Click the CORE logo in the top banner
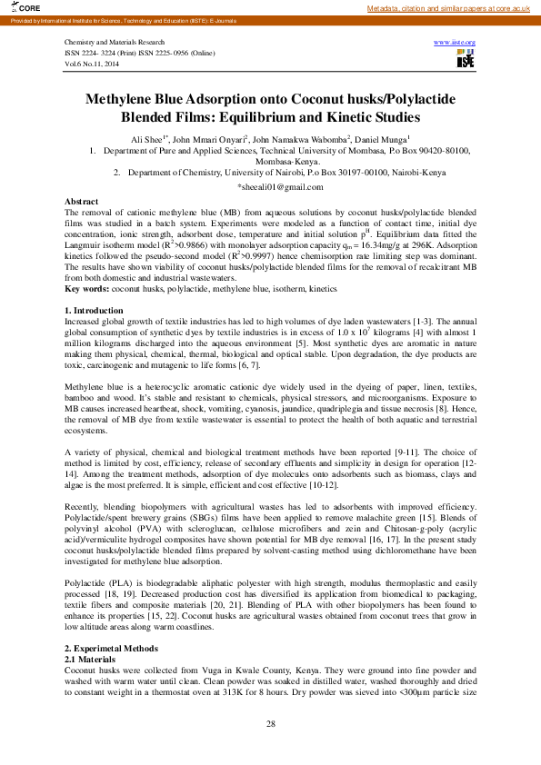tap(15, 7)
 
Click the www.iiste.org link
tap(456, 43)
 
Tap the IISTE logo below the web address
tap(466, 57)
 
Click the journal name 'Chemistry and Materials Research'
tap(115, 43)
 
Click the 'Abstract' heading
tap(82, 200)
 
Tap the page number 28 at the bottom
tap(270, 723)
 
